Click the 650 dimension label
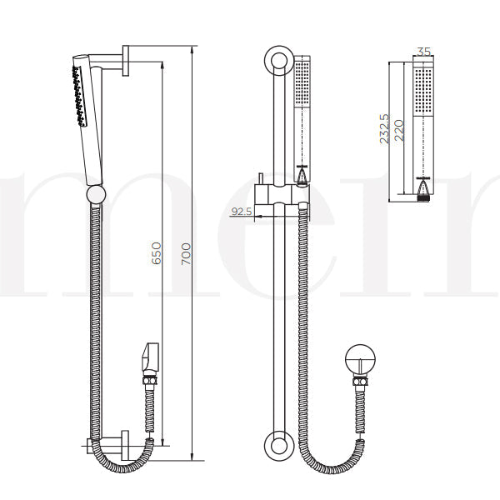click(156, 253)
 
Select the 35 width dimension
click(422, 52)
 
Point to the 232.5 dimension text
click(384, 129)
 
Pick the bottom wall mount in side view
click(126, 442)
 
